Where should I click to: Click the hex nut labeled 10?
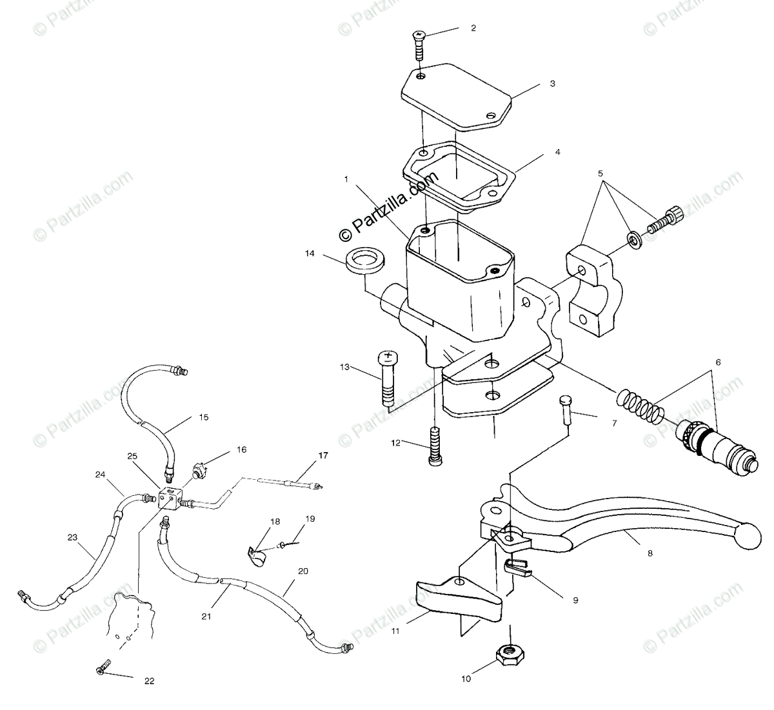(x=509, y=655)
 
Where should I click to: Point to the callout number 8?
(x=650, y=553)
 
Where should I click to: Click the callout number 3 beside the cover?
(x=552, y=84)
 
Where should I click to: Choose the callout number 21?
(x=206, y=616)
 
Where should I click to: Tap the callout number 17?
(x=322, y=455)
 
